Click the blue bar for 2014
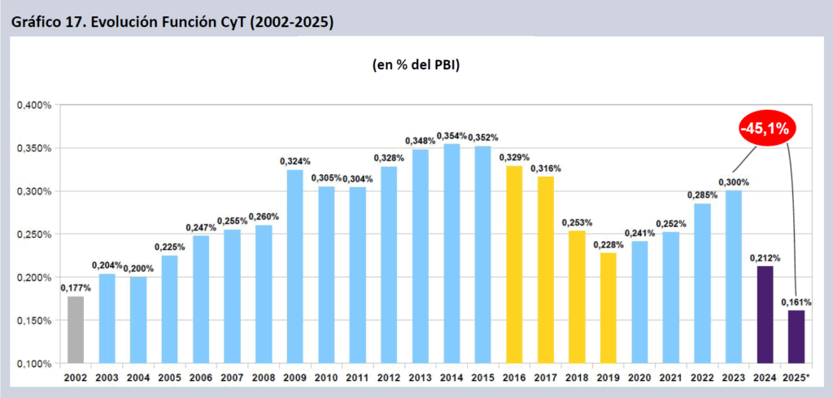451,253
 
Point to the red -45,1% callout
765,128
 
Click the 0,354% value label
451,135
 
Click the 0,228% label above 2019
608,243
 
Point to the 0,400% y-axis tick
33,105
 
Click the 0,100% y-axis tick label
33,363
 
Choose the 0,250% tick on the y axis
33,234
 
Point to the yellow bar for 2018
576,296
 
